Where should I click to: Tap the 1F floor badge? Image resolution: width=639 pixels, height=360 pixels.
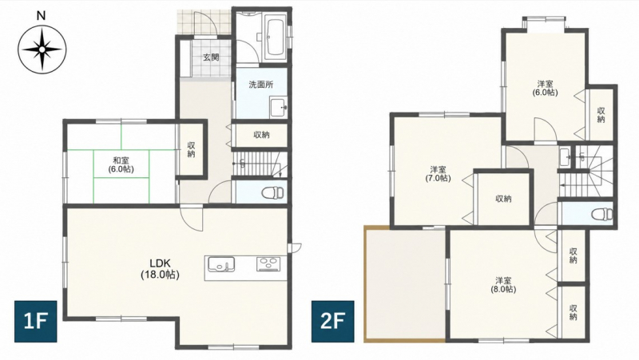point(36,322)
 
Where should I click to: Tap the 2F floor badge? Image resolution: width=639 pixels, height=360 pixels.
point(332,322)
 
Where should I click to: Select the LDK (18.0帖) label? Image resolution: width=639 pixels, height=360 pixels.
point(161,268)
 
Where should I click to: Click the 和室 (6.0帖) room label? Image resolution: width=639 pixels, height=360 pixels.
point(121,164)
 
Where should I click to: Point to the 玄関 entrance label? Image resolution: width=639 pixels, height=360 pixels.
point(211,57)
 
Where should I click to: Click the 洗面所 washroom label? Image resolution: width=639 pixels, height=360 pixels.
point(261,85)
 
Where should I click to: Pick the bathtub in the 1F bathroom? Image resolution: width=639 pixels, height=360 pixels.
point(275,38)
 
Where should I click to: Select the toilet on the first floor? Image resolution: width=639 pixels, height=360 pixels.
point(273,192)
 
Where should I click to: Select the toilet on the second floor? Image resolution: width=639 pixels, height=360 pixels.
point(602,213)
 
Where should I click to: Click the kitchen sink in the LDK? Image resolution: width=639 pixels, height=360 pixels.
point(221,264)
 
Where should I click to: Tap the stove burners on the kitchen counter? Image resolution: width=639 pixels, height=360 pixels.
point(268,264)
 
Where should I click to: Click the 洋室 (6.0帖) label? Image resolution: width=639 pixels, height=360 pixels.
point(545,88)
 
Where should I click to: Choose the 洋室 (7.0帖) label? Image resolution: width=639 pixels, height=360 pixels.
point(438,173)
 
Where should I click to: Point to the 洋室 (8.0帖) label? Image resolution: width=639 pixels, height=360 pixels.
point(504,285)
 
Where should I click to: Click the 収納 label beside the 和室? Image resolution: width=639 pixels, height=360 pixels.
point(191,149)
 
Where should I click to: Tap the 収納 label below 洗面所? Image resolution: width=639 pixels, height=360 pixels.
point(261,134)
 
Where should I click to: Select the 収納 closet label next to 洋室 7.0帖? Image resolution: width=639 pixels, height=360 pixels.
point(503,199)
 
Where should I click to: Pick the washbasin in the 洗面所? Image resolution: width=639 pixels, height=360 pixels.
point(279,108)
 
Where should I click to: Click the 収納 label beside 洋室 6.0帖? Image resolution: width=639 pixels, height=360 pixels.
point(601,115)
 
